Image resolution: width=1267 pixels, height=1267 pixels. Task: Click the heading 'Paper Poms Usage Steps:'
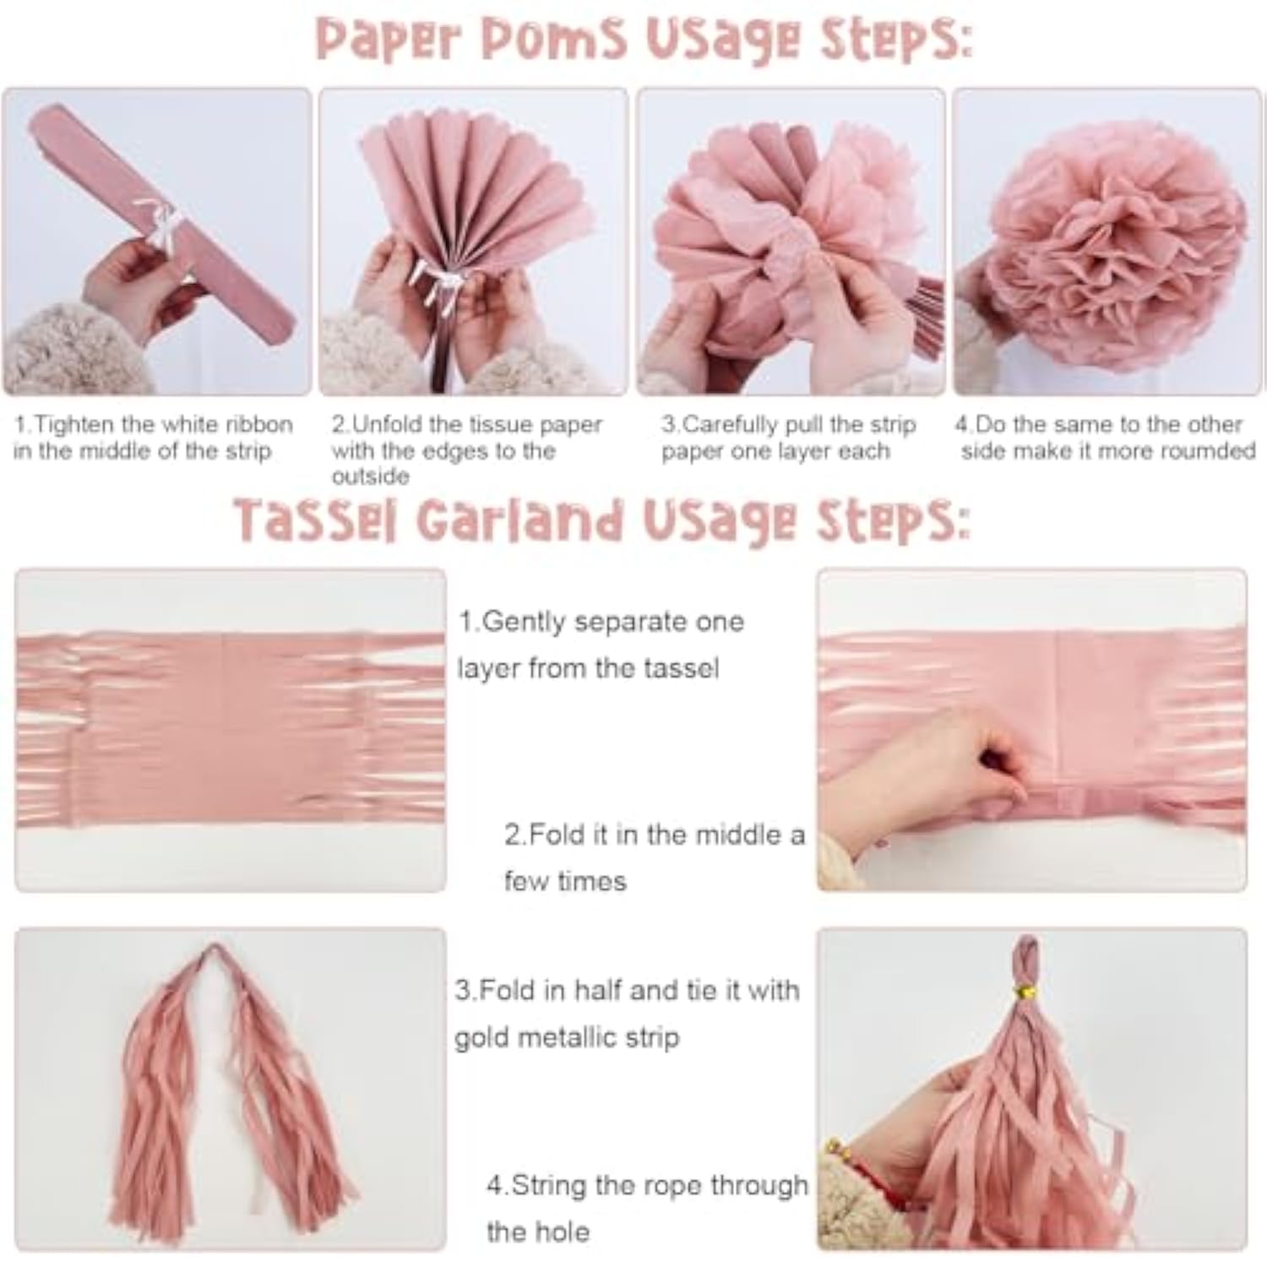point(644,39)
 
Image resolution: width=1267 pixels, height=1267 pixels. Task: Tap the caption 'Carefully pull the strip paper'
point(788,437)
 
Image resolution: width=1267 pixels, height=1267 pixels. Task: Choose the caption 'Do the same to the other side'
point(1105,437)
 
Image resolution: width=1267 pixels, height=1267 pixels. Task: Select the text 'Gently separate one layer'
point(601,644)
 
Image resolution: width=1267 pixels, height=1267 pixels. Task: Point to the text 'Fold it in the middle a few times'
point(654,856)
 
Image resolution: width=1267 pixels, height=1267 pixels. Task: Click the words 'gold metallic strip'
point(567,1037)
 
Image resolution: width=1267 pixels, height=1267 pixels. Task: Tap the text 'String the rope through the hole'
point(647,1207)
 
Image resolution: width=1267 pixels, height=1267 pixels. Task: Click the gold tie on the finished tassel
point(1027,989)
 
